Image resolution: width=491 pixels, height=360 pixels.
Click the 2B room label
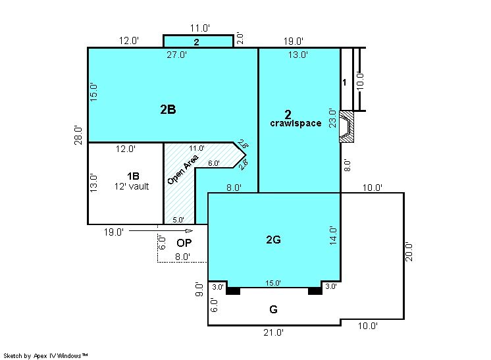[x=168, y=109]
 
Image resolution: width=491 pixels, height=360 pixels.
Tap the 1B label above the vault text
[x=133, y=176]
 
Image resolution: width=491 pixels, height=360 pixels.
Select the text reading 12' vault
[x=132, y=186]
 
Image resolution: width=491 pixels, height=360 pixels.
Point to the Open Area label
[x=182, y=169]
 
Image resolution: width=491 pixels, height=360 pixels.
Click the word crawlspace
[x=296, y=123]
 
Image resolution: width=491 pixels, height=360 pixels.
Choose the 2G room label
[x=273, y=240]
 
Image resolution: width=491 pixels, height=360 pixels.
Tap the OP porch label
[x=184, y=243]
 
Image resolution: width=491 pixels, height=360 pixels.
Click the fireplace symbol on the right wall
[x=347, y=126]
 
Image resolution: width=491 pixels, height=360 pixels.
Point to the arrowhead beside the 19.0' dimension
[x=190, y=231]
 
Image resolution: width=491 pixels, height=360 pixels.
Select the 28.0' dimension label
[x=78, y=135]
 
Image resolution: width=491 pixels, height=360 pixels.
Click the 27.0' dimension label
[x=176, y=55]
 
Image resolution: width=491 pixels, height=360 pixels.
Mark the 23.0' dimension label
[x=332, y=118]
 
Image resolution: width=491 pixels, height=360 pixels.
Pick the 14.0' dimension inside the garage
[x=333, y=236]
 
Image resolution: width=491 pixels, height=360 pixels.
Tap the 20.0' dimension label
[x=409, y=251]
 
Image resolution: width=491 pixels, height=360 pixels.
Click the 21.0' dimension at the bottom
[x=273, y=332]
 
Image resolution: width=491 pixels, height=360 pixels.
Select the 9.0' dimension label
[x=199, y=290]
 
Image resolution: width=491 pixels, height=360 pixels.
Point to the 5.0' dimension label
[x=178, y=220]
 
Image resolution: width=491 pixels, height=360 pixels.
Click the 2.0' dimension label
[x=240, y=38]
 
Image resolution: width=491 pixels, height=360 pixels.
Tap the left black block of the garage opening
[x=233, y=291]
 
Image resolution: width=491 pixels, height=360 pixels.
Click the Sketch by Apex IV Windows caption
[x=45, y=355]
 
